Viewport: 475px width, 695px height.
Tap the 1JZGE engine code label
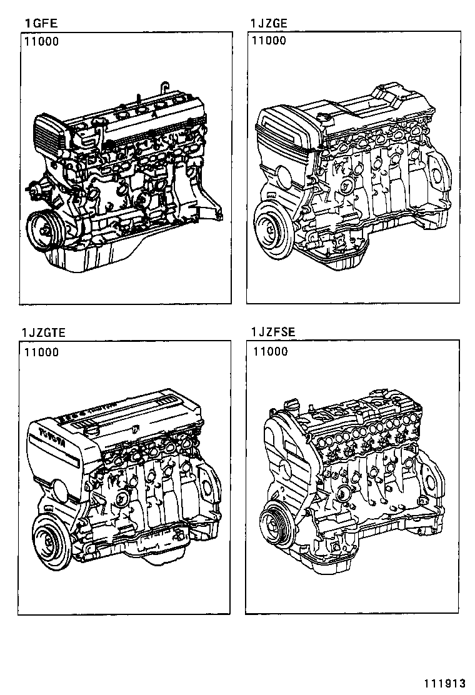point(269,24)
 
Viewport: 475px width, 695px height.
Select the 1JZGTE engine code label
point(43,332)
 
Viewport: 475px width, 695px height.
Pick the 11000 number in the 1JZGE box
point(269,41)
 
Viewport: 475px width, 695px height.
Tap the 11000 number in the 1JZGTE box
point(42,352)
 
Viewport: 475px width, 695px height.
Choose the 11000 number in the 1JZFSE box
point(271,352)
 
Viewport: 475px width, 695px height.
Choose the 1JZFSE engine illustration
point(353,481)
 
